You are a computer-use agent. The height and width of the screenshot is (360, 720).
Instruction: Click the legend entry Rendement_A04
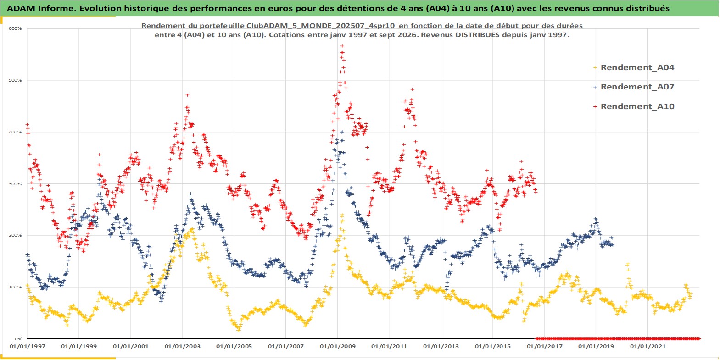637,67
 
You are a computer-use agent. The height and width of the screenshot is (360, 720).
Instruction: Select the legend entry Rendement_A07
637,87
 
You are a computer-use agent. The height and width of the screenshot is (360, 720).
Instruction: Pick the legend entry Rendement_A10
637,106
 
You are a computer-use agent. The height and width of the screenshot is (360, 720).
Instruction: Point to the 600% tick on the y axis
15,28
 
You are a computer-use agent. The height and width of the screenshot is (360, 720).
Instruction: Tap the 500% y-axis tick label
15,80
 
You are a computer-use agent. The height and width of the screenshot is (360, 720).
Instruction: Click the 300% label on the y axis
15,184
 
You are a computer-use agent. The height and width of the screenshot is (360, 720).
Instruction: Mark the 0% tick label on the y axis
18,339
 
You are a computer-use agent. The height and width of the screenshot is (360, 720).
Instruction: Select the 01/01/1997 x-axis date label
28,347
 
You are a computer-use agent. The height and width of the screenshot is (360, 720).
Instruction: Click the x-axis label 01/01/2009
337,347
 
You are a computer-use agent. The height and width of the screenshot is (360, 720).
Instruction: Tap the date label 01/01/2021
647,347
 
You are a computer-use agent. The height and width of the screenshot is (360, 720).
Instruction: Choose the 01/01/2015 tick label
493,347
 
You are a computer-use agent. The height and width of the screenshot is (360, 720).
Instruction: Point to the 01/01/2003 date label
182,347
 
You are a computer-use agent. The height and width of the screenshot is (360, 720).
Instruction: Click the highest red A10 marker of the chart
342,46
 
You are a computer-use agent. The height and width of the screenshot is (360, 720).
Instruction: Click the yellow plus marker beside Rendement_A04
595,68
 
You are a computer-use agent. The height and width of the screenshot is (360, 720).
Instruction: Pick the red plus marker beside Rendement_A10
595,106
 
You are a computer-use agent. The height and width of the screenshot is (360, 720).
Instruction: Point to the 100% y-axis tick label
15,287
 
